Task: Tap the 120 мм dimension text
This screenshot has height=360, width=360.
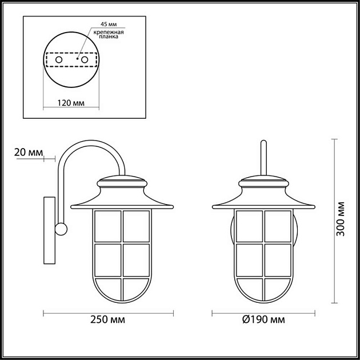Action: click(x=72, y=103)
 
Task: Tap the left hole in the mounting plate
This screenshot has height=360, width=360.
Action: click(x=58, y=59)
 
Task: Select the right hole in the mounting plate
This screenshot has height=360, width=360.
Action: click(x=85, y=59)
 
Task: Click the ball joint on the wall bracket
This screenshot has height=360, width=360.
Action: click(x=60, y=229)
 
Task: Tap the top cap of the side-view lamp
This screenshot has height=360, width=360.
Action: click(x=123, y=184)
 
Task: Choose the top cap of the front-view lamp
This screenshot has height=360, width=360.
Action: click(x=263, y=184)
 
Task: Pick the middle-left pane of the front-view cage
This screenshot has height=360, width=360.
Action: click(x=250, y=260)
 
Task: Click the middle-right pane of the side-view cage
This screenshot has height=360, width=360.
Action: click(x=136, y=260)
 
